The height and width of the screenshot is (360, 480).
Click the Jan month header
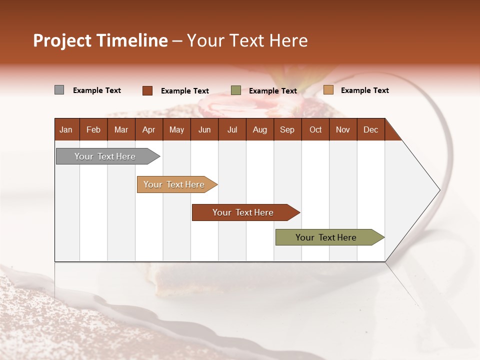tap(66, 129)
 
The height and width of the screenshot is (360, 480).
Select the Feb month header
tap(93, 129)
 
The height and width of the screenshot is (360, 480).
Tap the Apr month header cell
tap(148, 129)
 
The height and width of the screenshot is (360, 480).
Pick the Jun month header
tap(204, 129)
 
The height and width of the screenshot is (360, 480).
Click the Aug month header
tap(259, 129)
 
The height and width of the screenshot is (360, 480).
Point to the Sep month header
tap(287, 129)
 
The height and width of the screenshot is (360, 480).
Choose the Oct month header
tap(315, 129)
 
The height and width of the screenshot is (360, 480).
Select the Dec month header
tap(370, 129)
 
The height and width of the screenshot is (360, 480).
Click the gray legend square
tap(59, 90)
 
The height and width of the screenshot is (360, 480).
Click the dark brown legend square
tap(147, 90)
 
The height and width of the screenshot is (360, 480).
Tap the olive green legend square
tap(235, 90)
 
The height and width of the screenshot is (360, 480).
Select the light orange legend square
tap(328, 90)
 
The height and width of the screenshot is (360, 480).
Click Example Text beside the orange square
tap(364, 90)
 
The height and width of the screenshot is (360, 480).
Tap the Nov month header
tap(343, 129)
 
